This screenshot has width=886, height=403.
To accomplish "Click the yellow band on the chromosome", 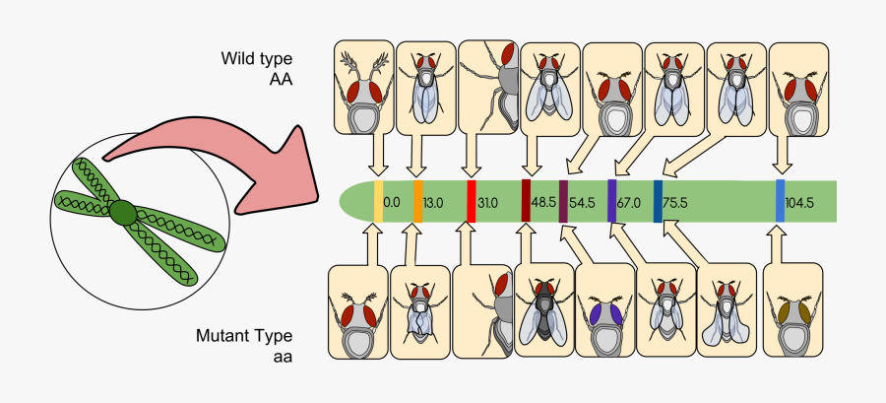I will pos(378,201).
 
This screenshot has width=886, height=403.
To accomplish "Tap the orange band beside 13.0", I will pos(418,201).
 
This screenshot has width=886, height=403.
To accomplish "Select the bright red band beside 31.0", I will pos(471,201).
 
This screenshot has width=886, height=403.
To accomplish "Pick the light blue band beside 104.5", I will pos(780,201).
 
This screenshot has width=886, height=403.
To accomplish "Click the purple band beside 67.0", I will pos(612,201).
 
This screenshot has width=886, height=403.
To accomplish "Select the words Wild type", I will pos(257,60).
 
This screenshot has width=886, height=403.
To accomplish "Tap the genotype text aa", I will pos(282,355).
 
